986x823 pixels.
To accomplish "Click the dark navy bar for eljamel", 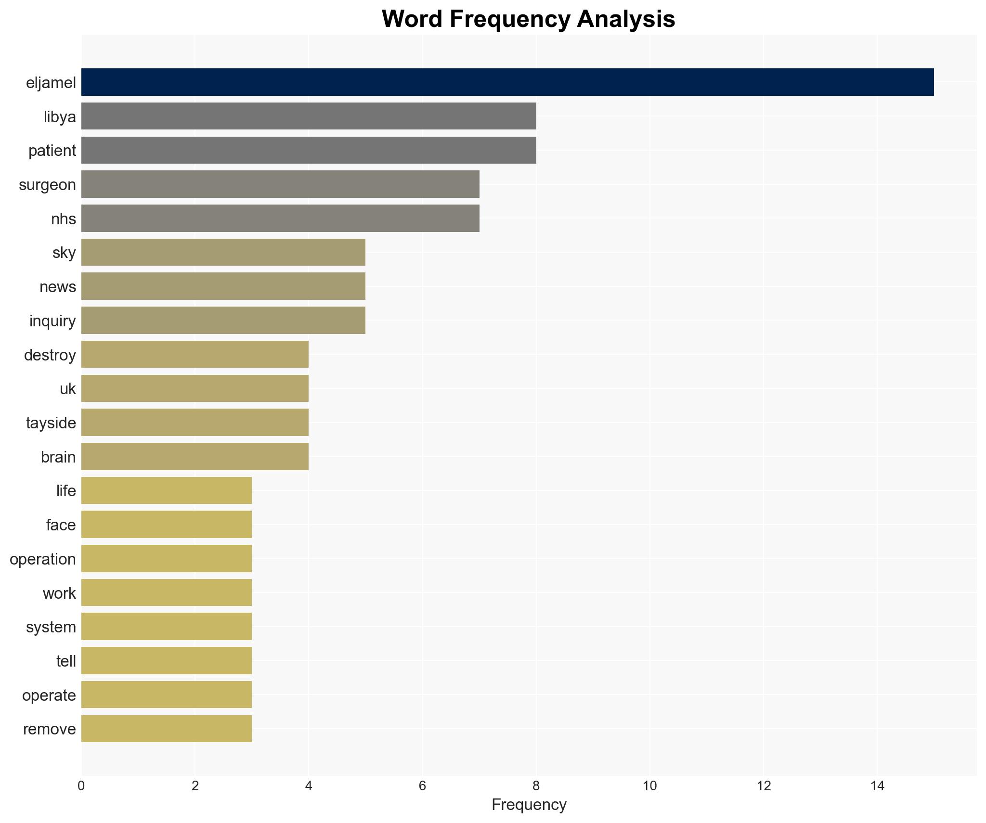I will click(507, 82).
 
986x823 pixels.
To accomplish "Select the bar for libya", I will click(308, 116).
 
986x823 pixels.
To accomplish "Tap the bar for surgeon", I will click(280, 184).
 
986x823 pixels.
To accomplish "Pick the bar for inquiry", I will click(223, 321).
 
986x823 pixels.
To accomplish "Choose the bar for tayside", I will click(195, 423).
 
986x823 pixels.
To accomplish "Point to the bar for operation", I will click(166, 559).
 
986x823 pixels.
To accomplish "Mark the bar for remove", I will click(166, 729).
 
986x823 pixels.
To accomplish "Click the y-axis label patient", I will click(52, 151).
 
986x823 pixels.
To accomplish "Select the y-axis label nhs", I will click(63, 219).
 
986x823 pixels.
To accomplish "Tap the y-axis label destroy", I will click(50, 355).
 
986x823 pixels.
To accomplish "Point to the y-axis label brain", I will click(58, 457).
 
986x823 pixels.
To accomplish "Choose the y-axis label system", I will click(51, 627).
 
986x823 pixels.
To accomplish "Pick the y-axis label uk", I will click(67, 389).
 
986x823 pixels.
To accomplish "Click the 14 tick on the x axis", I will click(877, 786).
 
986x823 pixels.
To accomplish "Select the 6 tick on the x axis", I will click(422, 786).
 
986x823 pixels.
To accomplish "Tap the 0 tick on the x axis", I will click(81, 786).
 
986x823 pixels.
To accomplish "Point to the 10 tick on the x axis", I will click(649, 786).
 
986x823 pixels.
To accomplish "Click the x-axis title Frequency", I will click(529, 805).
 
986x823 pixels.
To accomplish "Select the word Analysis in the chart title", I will click(626, 19).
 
